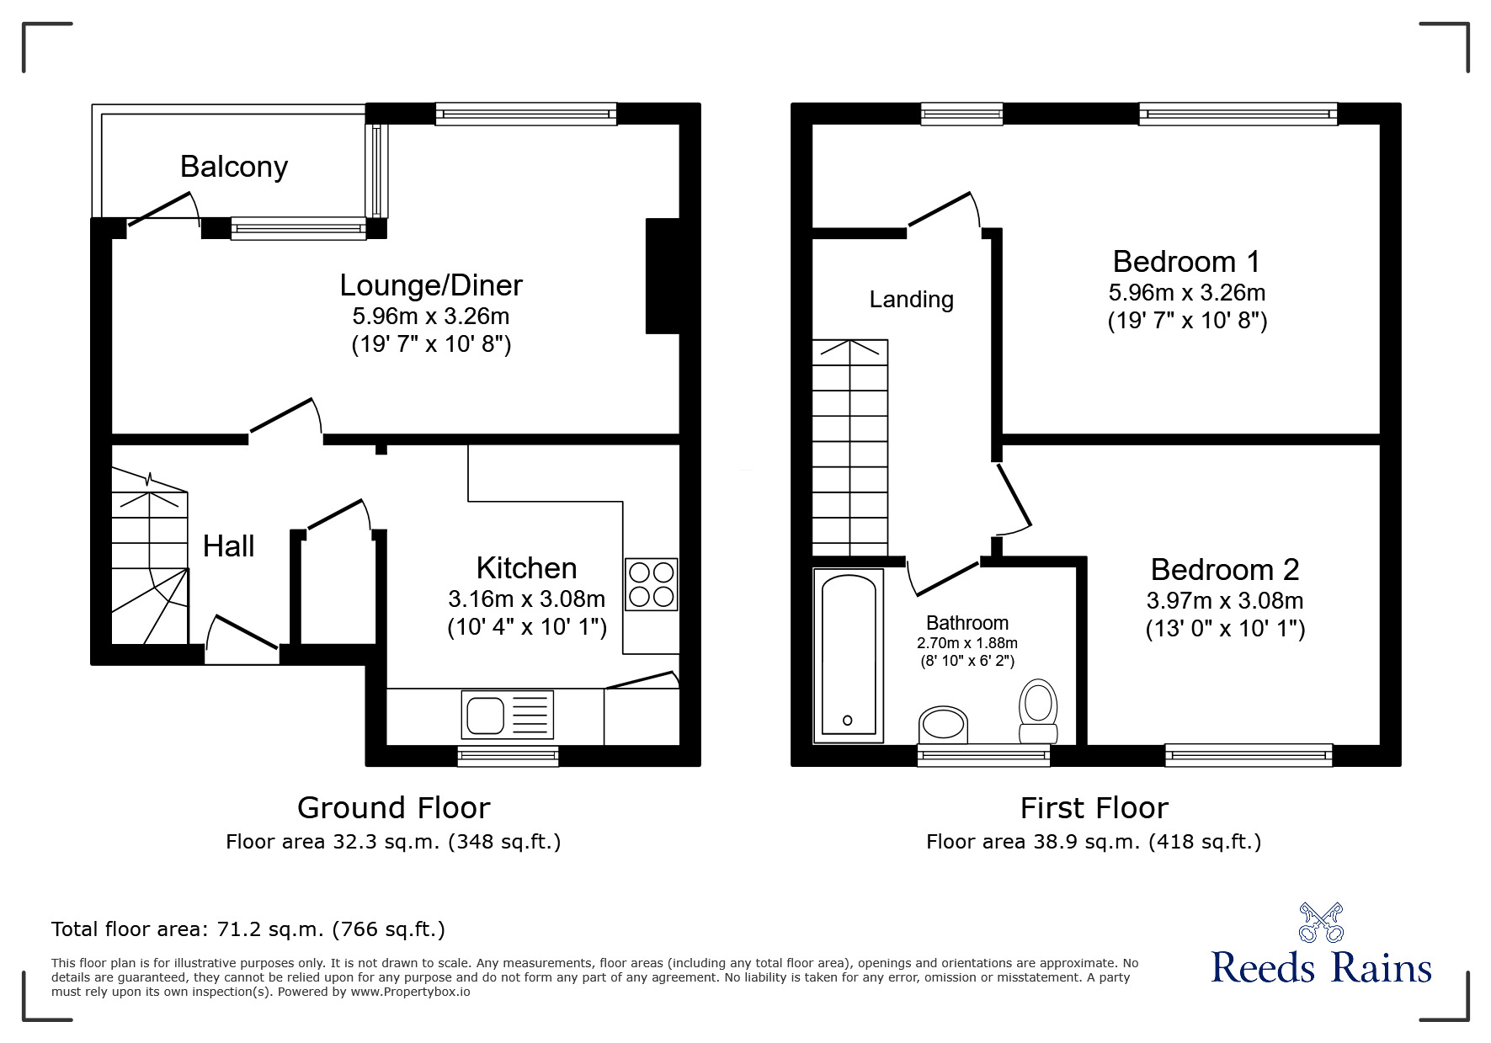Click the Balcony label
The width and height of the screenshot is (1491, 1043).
tap(234, 167)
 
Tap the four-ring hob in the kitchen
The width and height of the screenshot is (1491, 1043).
tap(651, 584)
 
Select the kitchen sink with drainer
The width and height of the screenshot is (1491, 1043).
tap(507, 715)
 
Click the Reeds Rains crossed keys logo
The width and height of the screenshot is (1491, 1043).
tap(1321, 923)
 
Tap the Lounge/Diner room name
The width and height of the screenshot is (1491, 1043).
tap(431, 285)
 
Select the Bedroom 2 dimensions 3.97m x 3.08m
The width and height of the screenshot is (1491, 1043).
tap(1225, 600)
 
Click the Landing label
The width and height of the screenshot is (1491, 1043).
tap(911, 300)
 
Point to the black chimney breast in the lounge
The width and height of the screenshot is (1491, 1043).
tap(663, 276)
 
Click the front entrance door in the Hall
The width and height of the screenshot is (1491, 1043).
tap(243, 634)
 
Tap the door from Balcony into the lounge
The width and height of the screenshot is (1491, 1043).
tap(162, 210)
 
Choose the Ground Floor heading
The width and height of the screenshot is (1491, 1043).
tap(393, 808)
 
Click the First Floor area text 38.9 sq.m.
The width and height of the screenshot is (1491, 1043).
tap(1093, 842)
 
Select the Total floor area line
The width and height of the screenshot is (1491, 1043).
tap(248, 929)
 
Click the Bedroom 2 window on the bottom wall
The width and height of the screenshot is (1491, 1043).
tap(1249, 755)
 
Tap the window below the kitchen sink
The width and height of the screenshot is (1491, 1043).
tap(508, 756)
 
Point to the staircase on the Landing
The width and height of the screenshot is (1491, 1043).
tap(849, 446)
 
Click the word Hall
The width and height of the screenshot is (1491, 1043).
tap(228, 546)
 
